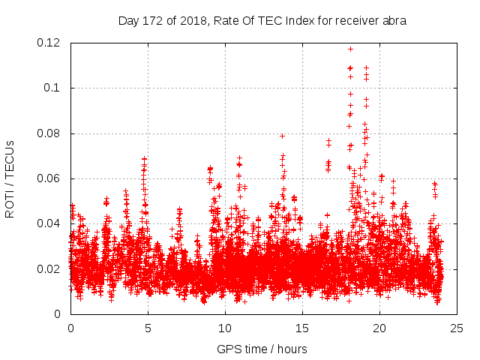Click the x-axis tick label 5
click(x=148, y=328)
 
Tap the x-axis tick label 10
click(x=225, y=328)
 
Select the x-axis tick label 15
click(x=302, y=328)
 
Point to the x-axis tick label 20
click(x=379, y=328)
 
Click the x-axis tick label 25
click(x=457, y=328)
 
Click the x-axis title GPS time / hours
click(x=262, y=349)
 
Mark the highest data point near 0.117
click(x=350, y=49)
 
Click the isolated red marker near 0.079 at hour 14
click(x=282, y=136)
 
